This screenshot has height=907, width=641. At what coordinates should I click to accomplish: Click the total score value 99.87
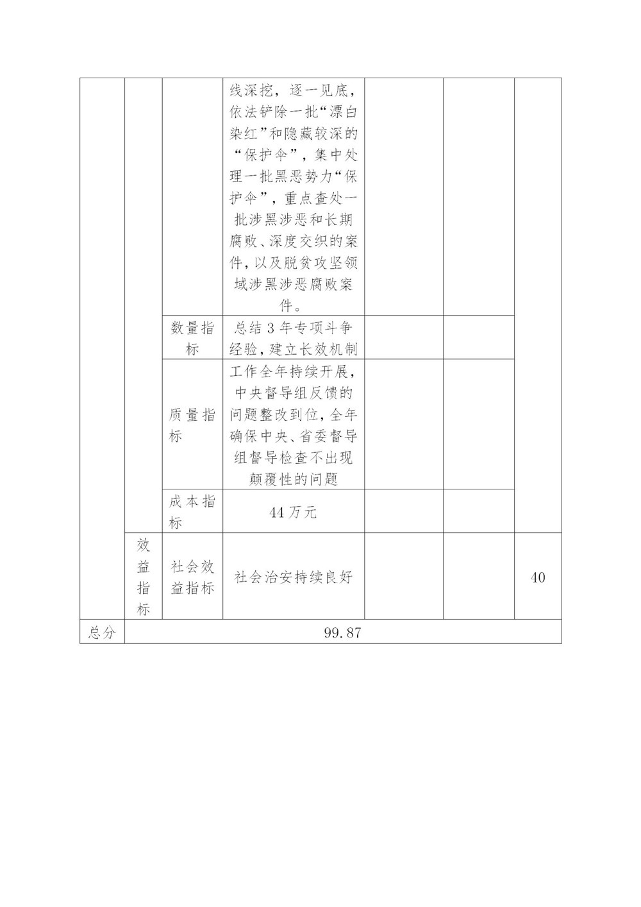tap(342, 632)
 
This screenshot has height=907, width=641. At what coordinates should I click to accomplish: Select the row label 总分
tap(102, 632)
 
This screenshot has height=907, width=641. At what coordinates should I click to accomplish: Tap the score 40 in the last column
tap(538, 577)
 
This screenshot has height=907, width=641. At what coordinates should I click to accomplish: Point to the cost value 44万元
tap(293, 513)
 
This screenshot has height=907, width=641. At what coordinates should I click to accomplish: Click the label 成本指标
tap(192, 513)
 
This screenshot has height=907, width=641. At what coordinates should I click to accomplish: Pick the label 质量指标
tap(192, 425)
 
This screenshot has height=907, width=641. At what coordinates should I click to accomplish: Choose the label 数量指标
tap(192, 339)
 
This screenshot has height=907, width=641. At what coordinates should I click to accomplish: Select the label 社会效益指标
tap(192, 577)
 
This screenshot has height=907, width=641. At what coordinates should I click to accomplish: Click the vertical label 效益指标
tap(143, 577)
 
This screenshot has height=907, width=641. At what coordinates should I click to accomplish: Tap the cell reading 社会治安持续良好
tap(293, 577)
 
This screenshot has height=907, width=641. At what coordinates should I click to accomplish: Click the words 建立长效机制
tap(313, 350)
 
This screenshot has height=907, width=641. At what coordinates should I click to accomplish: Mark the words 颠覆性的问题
tap(293, 480)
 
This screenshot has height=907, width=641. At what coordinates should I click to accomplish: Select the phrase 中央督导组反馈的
tap(293, 393)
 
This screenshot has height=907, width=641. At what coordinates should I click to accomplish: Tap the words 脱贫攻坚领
tap(314, 264)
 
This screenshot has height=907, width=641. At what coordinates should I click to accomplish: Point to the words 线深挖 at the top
tap(252, 90)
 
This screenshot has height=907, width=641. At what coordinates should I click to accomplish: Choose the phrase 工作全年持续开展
tap(293, 371)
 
